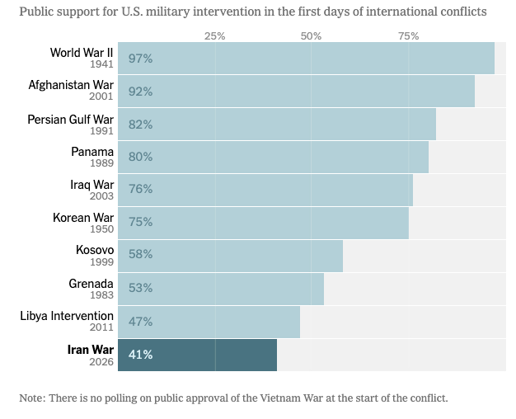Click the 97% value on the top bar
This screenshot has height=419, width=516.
140,59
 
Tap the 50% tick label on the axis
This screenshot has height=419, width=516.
311,36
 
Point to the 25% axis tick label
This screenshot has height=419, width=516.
214,36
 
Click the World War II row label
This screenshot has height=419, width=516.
82,53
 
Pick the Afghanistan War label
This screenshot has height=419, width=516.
71,85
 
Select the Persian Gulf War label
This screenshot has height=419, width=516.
70,119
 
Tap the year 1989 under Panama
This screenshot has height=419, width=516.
100,163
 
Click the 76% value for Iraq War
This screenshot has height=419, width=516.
140,189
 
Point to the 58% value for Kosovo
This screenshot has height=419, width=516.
140,255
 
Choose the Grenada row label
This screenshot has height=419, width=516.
91,284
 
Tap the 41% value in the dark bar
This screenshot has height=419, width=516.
140,355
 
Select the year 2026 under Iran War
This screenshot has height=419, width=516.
100,361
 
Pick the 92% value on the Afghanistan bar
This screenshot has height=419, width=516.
140,92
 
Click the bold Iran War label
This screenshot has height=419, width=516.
90,350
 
